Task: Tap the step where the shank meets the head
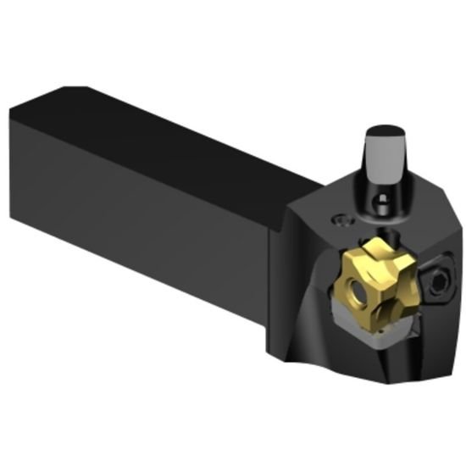pos(284,229)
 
